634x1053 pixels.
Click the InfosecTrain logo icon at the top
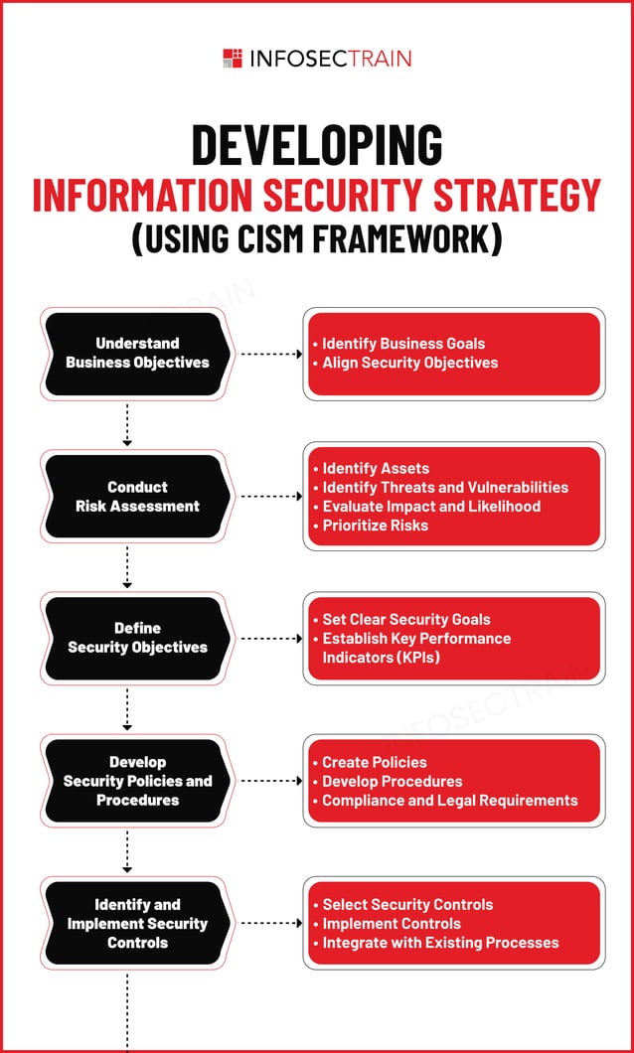[233, 58]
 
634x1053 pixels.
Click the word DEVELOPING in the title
[316, 145]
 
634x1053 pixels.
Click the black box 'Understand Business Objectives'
[137, 354]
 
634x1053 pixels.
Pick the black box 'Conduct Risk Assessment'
[137, 497]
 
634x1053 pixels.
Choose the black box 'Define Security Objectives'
[137, 638]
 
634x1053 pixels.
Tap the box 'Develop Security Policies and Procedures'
[137, 781]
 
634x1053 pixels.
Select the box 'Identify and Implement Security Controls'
[137, 923]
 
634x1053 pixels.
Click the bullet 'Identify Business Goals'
[403, 344]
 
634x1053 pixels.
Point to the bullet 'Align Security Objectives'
[409, 363]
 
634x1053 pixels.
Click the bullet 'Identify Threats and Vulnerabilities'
[445, 487]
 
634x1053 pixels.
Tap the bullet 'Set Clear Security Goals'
[406, 619]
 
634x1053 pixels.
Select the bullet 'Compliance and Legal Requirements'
[449, 800]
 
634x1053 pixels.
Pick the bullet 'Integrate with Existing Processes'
[440, 942]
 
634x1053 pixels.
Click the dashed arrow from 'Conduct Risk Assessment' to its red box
[270, 496]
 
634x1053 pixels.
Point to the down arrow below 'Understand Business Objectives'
[127, 424]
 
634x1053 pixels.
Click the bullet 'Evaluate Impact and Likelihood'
[431, 506]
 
